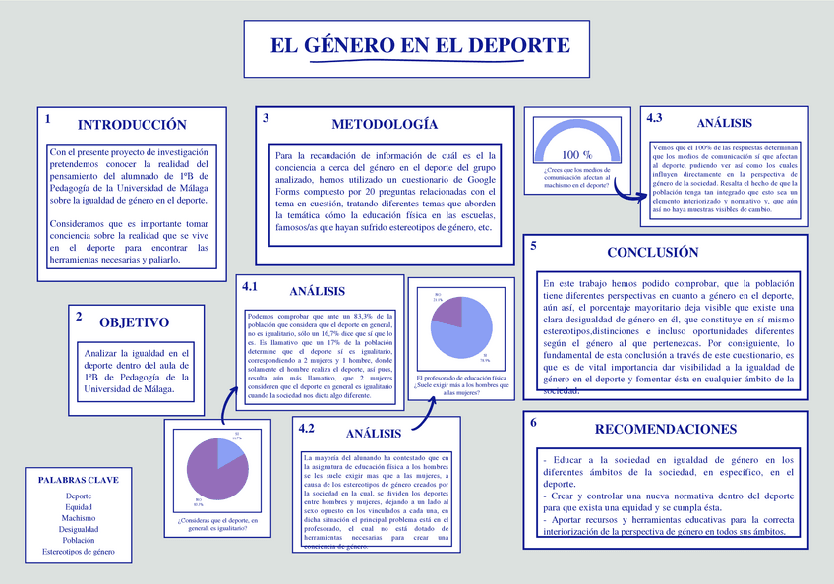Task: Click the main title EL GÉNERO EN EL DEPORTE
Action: click(420, 46)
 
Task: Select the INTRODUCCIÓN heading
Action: click(132, 125)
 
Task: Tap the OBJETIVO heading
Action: click(134, 322)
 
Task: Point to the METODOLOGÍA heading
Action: click(384, 125)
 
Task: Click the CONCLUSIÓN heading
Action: click(652, 253)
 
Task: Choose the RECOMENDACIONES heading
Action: click(666, 429)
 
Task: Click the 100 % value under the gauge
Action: click(576, 155)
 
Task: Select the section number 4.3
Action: click(655, 118)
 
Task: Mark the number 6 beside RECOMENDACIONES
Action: click(533, 423)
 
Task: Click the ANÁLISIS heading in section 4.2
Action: click(374, 434)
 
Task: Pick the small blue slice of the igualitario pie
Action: click(228, 451)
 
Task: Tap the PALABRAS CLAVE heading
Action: click(78, 480)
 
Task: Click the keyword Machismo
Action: click(78, 518)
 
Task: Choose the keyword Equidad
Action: click(78, 507)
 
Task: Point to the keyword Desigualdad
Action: click(78, 529)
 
